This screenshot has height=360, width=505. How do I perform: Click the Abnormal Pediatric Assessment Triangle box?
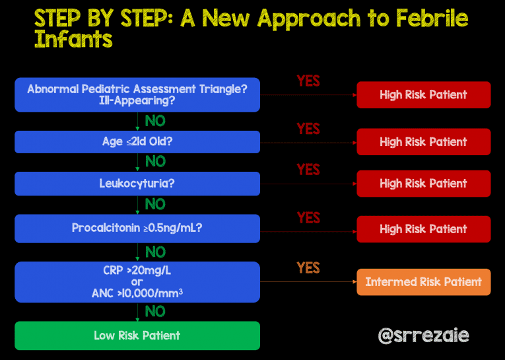coord(137,95)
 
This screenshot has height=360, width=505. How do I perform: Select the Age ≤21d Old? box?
coord(137,142)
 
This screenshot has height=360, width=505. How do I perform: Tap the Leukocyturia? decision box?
coord(137,184)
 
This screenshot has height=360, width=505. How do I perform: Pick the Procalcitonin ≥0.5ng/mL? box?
coord(137,228)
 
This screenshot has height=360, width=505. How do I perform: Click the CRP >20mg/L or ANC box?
coord(137,282)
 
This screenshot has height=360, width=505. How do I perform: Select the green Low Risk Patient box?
coord(137,336)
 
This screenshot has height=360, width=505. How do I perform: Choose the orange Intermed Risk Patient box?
coord(423,282)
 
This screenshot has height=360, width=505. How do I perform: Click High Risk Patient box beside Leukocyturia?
coord(423,184)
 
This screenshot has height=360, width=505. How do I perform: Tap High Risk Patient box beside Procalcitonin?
coord(423,229)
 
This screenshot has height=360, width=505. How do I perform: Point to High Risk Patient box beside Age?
coord(423,142)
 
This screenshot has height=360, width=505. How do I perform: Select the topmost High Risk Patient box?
coord(423,95)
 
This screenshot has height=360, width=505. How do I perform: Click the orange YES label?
coord(308,268)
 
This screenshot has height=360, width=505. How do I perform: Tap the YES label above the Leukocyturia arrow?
coord(308,170)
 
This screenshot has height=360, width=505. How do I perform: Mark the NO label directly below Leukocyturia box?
coord(155,204)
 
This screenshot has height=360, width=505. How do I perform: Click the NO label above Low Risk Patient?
coord(155,311)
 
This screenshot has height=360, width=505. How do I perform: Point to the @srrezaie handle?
coord(423,336)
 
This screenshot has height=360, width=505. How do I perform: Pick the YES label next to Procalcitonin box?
coord(308,217)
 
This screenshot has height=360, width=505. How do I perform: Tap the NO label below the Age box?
coord(155,162)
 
